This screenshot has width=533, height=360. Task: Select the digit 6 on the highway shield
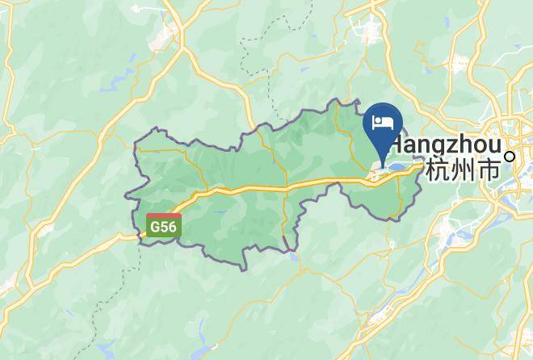pos(171,228)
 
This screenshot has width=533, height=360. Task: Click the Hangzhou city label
pos(449,144)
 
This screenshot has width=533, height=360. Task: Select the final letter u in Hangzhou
pos(494,144)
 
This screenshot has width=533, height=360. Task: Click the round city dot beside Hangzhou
pos(510,156)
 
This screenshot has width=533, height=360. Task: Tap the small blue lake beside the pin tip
pos(398,168)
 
